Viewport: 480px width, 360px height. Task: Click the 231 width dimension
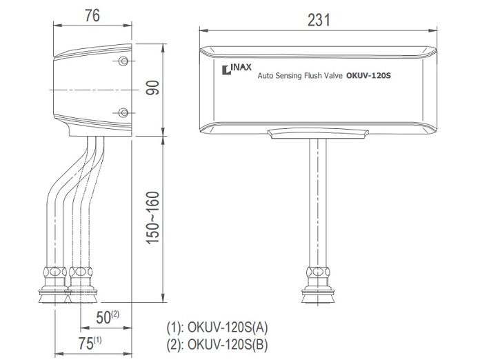[319, 20]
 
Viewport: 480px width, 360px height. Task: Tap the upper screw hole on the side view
[123, 62]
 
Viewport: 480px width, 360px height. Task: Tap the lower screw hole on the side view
[123, 112]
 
